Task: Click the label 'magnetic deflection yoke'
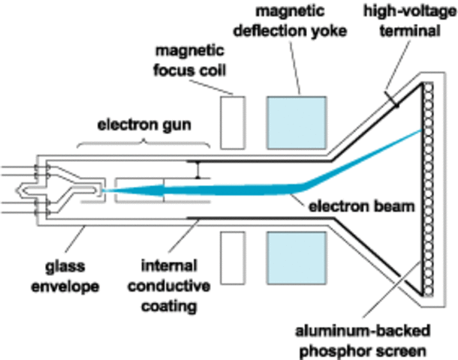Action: click(300, 22)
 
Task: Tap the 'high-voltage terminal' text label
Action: click(408, 22)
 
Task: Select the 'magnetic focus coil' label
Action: click(190, 60)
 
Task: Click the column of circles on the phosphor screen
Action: click(429, 187)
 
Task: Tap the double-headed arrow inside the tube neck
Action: click(197, 169)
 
